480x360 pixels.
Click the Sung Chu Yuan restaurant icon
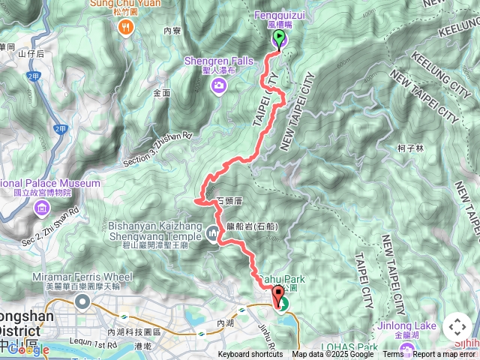125,28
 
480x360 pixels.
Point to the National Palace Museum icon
42,207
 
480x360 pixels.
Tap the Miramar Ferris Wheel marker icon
82,302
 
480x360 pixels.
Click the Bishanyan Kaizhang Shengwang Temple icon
213,235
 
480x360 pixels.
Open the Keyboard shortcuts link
250,355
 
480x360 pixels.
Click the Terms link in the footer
393,355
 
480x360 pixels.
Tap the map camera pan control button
457,328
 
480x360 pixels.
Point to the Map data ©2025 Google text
332,355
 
